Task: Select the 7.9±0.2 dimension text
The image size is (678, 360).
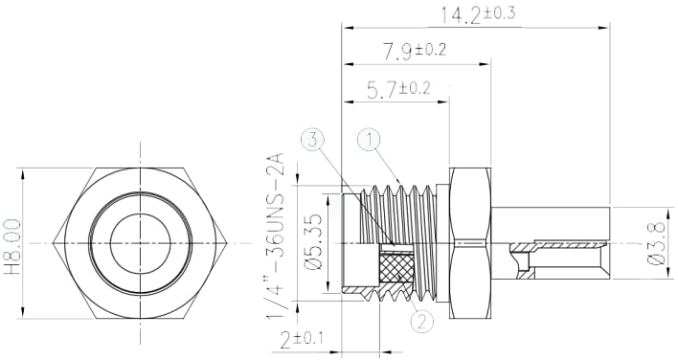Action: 416,50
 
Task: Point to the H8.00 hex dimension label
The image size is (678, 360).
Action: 13,245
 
